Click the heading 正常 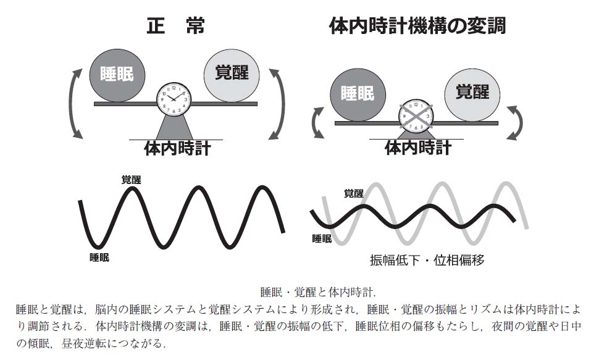click(x=176, y=26)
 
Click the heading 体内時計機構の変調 click(x=417, y=26)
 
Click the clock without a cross click(x=174, y=98)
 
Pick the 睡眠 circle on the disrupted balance click(x=358, y=94)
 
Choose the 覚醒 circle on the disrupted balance click(x=472, y=94)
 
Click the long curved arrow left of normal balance click(x=72, y=103)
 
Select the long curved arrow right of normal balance click(x=282, y=103)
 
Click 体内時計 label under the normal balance click(x=177, y=149)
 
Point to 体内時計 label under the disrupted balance click(x=418, y=148)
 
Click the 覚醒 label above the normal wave click(x=131, y=179)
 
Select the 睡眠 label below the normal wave click(x=99, y=257)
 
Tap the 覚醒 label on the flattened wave click(x=354, y=193)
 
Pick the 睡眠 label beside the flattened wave click(x=322, y=239)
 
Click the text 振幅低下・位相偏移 click(x=427, y=260)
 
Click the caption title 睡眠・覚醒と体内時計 click(x=318, y=292)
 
